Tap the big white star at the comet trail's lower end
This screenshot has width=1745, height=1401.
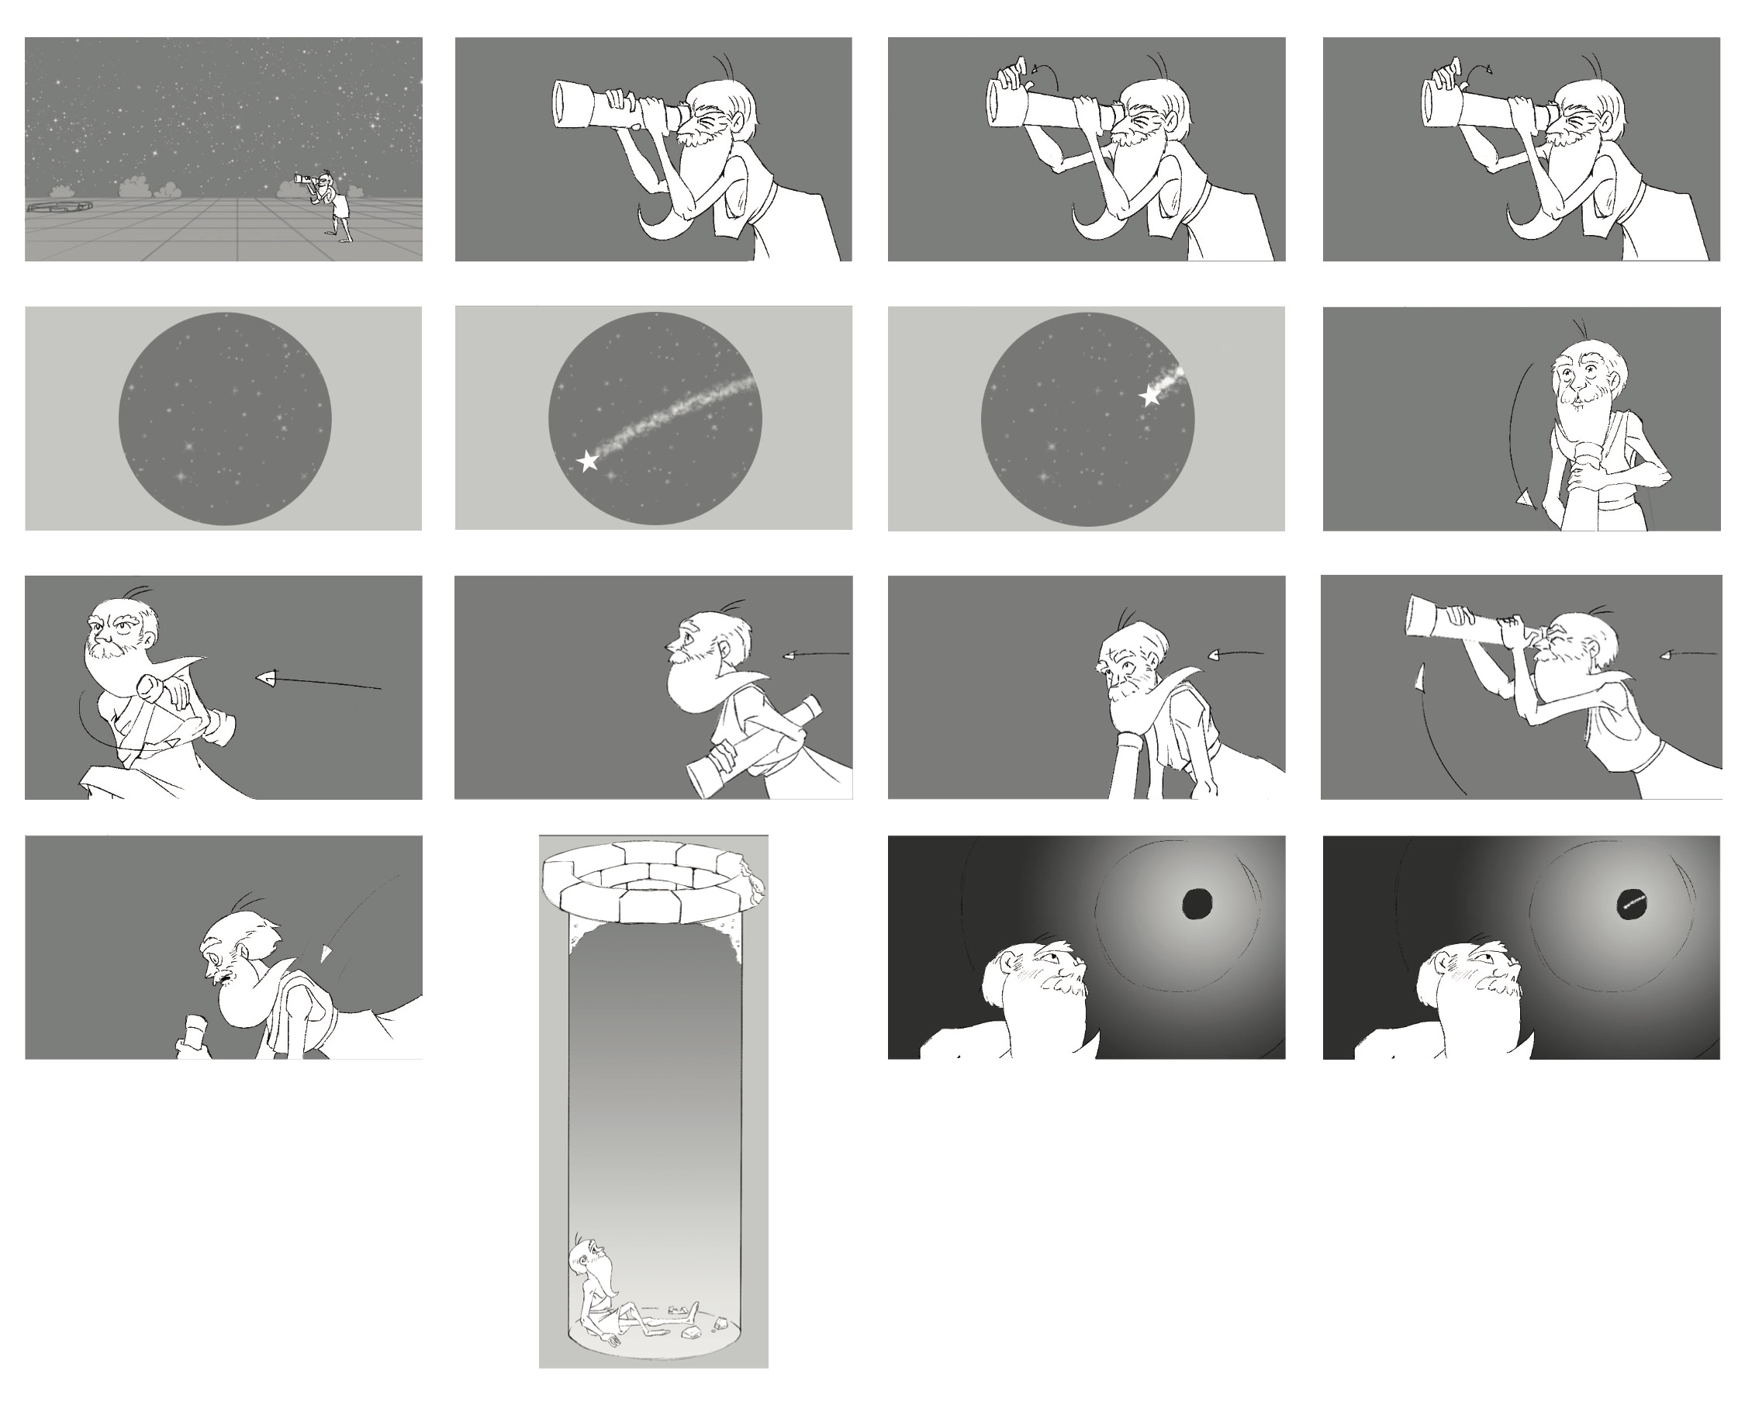pos(588,462)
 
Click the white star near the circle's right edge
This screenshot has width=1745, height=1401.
pos(1149,396)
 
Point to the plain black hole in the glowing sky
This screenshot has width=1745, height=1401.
pos(1197,903)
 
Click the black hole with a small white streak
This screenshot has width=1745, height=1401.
pos(1633,904)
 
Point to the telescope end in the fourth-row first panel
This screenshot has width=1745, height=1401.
pos(192,1036)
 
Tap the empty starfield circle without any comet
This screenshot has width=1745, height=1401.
pos(225,418)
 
